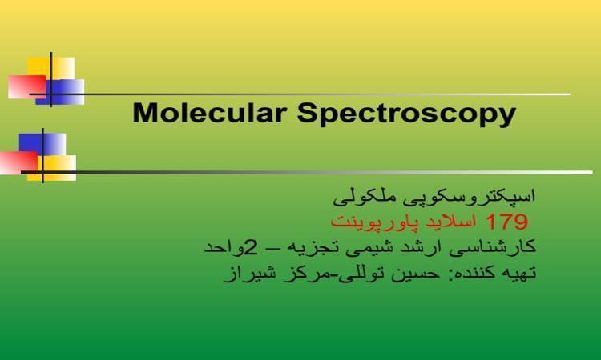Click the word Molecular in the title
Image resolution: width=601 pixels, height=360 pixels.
(x=210, y=114)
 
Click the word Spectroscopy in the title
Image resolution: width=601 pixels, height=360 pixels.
(x=406, y=114)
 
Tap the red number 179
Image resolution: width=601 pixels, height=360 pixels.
(x=507, y=222)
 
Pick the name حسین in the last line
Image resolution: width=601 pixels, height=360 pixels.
(x=415, y=274)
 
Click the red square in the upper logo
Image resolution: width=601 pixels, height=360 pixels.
(x=26, y=87)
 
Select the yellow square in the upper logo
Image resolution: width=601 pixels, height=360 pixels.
(x=51, y=68)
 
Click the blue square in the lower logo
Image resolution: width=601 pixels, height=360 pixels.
(x=42, y=144)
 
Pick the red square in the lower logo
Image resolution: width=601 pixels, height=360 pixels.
(x=18, y=162)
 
